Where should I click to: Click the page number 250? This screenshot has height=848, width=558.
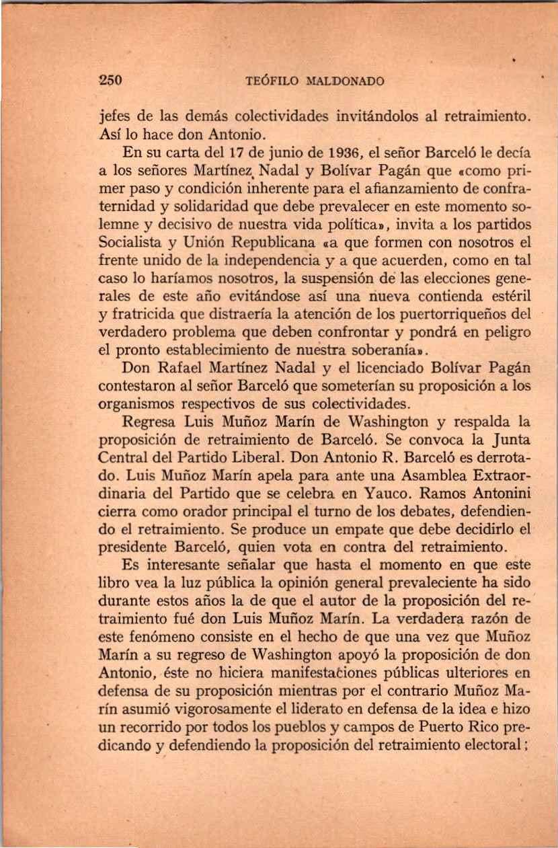click(109, 81)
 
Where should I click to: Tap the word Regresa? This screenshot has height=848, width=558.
click(150, 422)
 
